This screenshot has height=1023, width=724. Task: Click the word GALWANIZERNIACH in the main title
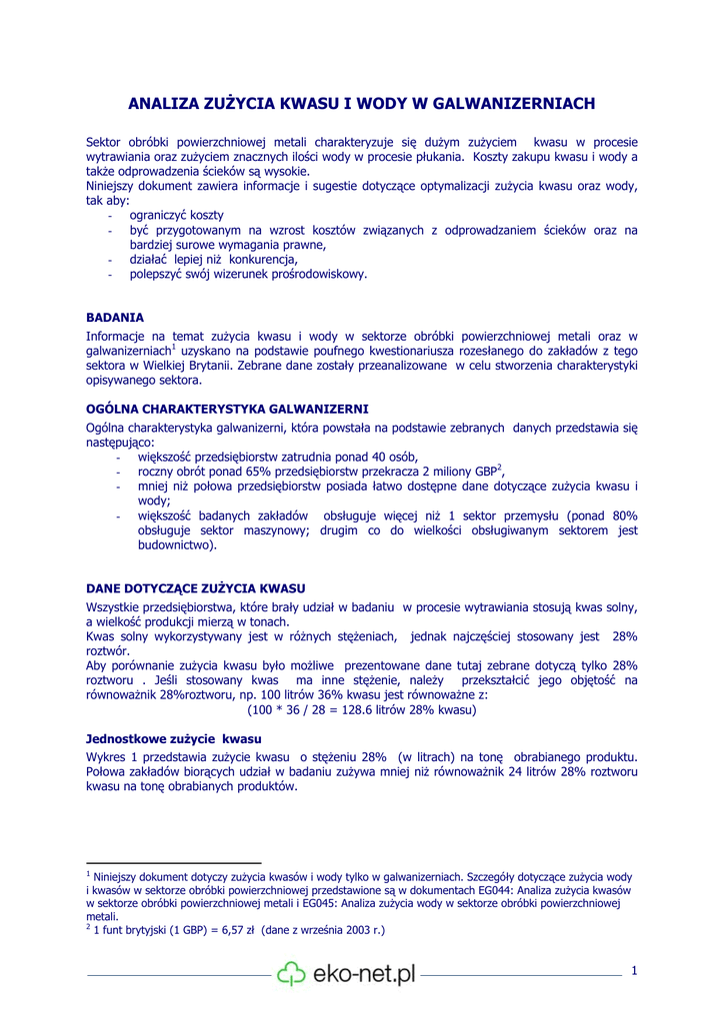click(x=518, y=103)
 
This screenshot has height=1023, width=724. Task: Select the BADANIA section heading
click(x=115, y=317)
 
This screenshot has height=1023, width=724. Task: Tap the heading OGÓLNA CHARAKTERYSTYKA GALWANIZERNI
click(x=227, y=409)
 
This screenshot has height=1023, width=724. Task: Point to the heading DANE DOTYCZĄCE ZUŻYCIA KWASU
click(x=196, y=587)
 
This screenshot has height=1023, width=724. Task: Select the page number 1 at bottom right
click(x=634, y=970)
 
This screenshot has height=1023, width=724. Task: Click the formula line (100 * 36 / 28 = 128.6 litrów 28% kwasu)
click(x=362, y=710)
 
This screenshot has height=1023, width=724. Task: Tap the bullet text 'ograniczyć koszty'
click(x=177, y=215)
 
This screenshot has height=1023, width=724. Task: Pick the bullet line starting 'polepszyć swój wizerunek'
click(x=248, y=274)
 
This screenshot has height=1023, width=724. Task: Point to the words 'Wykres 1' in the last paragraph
click(x=110, y=756)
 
